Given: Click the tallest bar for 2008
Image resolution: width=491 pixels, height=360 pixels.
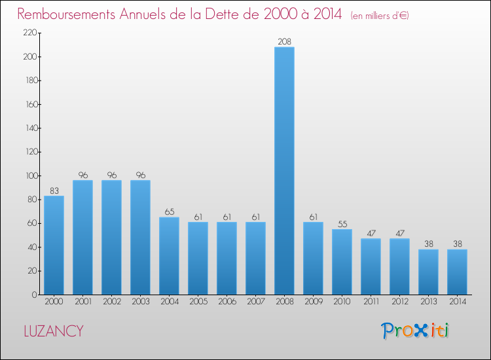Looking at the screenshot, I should click(x=284, y=170).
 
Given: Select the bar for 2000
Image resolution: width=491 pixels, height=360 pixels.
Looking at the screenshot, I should click(x=54, y=245).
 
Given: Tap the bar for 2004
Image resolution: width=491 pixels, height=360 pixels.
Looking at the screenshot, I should click(x=169, y=255).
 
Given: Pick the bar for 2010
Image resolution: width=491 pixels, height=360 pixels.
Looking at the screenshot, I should click(x=342, y=261).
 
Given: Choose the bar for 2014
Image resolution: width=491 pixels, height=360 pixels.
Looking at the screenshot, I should click(x=457, y=272).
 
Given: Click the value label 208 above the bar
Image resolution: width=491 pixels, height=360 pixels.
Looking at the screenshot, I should click(x=284, y=42).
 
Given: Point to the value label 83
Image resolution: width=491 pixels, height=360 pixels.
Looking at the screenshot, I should click(x=54, y=190).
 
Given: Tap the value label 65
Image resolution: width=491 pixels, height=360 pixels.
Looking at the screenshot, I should click(x=169, y=212).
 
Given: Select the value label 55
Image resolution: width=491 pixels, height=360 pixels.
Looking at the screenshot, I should click(x=342, y=224).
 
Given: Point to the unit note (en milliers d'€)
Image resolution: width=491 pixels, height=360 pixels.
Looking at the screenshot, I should click(x=380, y=16).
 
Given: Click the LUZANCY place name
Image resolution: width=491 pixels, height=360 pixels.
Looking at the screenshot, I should click(x=54, y=331).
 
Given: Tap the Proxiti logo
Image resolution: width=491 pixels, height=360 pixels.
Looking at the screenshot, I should click(x=415, y=331).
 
